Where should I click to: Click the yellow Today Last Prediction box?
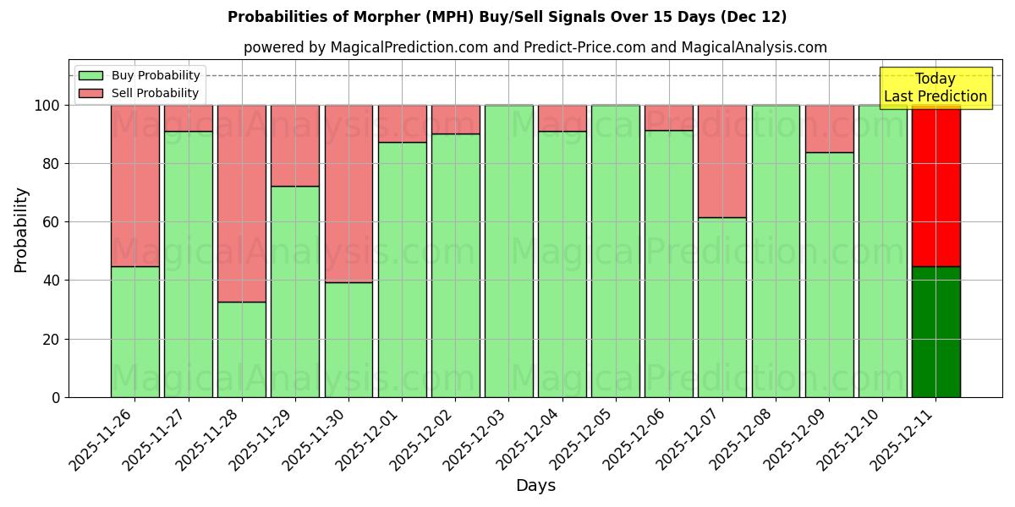coord(935,88)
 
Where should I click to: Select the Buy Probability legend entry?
coord(156,75)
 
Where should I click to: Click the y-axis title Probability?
coord(21,230)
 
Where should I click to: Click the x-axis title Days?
coord(535,486)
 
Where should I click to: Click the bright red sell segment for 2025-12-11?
coord(935,186)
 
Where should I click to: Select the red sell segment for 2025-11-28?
coord(242,203)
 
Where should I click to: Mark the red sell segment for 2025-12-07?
coord(722,161)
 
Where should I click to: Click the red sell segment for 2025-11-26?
coord(134,186)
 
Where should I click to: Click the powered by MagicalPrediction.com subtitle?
coord(535,48)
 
